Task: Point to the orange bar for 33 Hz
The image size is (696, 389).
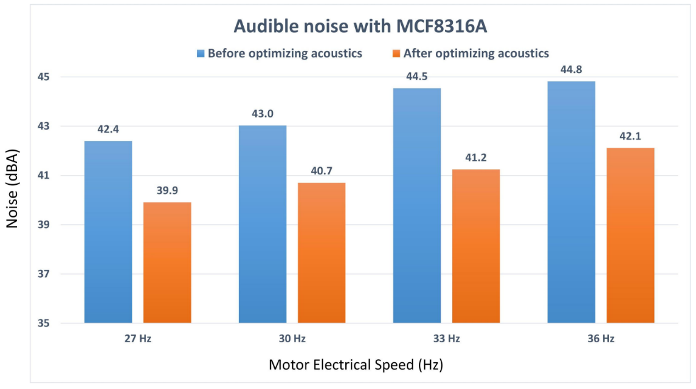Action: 476,246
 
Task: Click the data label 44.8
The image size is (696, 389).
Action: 571,69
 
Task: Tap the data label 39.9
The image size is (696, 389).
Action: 167,191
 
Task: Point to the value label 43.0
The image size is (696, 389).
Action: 263,114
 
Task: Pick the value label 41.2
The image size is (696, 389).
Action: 476,158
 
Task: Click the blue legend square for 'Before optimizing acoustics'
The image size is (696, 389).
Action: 201,53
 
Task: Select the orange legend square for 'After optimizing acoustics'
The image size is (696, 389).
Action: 396,53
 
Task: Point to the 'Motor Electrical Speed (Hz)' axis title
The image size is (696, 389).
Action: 356,365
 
